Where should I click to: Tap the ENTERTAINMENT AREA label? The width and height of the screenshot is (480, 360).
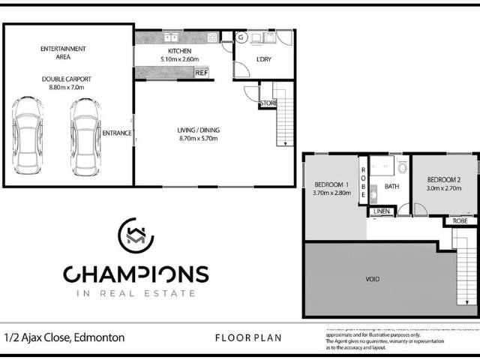63,52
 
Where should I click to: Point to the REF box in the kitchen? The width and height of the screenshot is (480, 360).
201,73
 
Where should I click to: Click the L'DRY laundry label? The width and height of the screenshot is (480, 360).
263,58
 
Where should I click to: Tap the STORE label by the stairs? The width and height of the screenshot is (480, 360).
268,103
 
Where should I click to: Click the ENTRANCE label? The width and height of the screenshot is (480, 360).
118,133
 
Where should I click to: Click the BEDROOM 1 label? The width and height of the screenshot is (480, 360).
330,184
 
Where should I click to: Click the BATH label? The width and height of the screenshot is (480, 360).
391,186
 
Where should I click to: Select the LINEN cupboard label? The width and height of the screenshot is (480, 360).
382,212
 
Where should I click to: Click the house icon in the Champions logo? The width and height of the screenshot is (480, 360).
136,235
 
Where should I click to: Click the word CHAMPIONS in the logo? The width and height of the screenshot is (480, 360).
136,274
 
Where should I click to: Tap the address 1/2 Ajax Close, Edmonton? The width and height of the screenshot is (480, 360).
64,337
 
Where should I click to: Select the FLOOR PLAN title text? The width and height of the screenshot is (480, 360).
248,337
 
